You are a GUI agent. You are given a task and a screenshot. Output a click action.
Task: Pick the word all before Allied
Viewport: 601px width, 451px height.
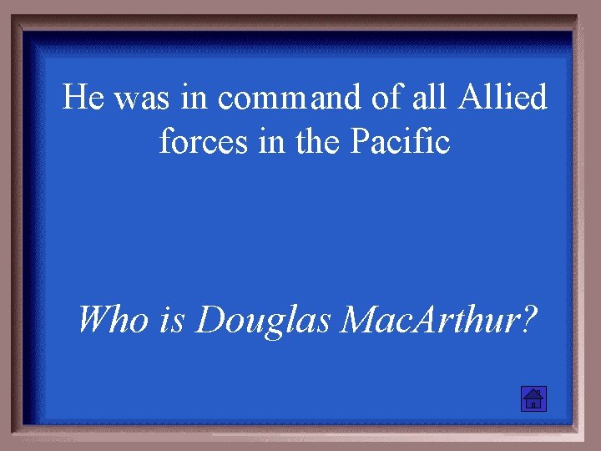click(432, 99)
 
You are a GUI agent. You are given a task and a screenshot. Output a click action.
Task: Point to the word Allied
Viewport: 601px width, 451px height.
click(502, 99)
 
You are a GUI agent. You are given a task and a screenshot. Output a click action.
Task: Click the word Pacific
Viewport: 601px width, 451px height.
click(400, 142)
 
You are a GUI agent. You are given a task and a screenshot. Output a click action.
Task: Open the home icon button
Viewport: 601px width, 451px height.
click(533, 399)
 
